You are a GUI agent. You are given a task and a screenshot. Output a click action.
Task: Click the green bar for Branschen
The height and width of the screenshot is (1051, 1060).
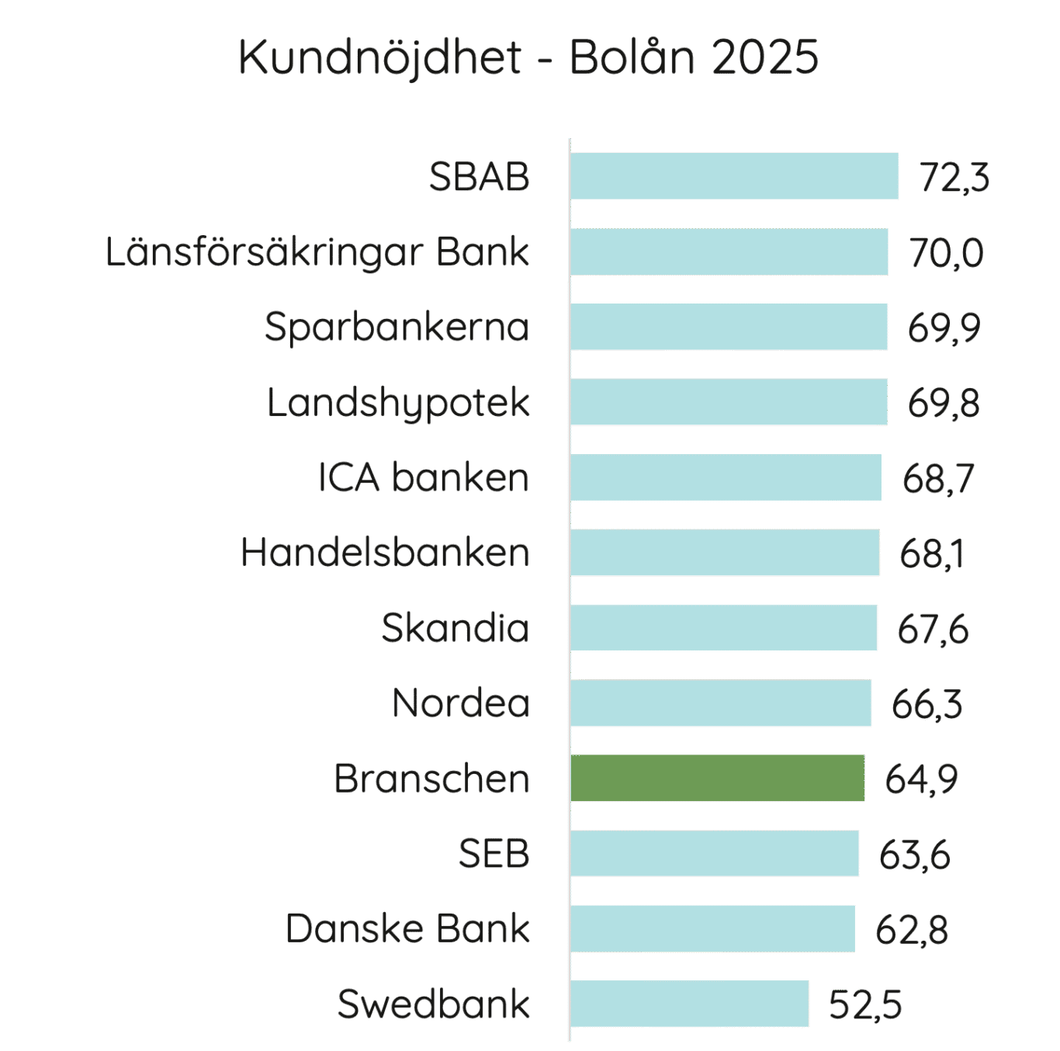pos(718,778)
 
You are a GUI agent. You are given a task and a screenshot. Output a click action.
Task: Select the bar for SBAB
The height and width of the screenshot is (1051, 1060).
pos(734,176)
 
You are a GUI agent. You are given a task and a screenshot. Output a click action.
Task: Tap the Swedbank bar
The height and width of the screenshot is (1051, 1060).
pos(690,1004)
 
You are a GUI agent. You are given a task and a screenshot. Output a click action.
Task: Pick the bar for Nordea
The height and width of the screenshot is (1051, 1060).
pos(721,703)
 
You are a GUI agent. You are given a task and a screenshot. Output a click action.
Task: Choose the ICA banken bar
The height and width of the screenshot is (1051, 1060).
pos(726,477)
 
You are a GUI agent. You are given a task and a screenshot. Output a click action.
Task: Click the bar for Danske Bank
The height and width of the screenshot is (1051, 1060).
pos(712,928)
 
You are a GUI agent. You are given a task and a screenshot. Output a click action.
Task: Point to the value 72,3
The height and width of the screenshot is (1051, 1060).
pos(954,178)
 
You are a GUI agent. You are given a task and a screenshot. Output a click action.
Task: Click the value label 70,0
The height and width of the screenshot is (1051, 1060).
pos(946,253)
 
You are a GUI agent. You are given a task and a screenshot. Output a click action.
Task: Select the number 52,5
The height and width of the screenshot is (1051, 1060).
pos(864,1004)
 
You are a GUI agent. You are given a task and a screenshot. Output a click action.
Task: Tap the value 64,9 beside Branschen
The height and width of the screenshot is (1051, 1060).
pos(921,779)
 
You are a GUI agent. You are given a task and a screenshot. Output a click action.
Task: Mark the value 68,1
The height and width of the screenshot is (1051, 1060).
pos(932,553)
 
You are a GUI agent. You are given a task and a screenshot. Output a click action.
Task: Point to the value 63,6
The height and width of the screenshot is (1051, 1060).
pos(914,855)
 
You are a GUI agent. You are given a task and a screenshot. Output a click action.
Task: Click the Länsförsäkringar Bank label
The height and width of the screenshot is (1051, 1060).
pos(317,252)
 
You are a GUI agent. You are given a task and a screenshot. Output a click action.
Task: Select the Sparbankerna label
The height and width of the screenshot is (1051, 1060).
pos(397,327)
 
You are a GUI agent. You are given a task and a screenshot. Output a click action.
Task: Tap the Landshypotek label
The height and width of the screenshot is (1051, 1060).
pos(398,403)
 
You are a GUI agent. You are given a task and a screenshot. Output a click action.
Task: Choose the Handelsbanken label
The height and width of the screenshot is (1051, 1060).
pos(385,553)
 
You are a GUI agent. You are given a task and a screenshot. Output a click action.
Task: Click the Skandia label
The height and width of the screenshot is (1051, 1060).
pos(456,627)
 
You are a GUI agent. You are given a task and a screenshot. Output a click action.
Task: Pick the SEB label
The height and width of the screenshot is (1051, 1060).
pos(494,854)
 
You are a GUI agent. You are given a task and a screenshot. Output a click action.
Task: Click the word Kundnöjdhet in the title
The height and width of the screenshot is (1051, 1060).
pos(379,57)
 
